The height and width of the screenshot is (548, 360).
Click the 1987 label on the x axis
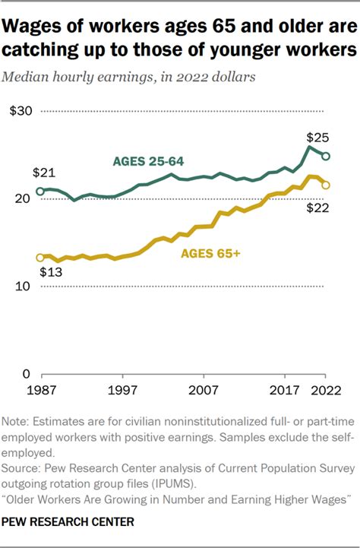tap(40, 391)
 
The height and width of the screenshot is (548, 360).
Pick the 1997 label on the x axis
tap(122, 391)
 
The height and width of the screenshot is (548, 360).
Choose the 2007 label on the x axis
tap(204, 391)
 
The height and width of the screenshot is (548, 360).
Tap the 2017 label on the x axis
tap(285, 391)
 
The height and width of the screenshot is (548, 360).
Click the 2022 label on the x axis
tap(325, 391)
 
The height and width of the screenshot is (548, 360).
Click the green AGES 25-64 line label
tap(149, 161)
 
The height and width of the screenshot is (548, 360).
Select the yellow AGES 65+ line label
tap(210, 254)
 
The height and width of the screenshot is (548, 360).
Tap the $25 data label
tap(317, 138)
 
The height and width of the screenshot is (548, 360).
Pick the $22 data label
tap(317, 207)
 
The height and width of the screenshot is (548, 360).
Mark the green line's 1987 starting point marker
tap(40, 191)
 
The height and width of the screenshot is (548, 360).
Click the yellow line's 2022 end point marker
tap(326, 185)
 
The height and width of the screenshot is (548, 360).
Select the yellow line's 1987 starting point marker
tap(40, 258)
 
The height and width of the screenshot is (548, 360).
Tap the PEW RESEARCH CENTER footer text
tap(68, 521)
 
